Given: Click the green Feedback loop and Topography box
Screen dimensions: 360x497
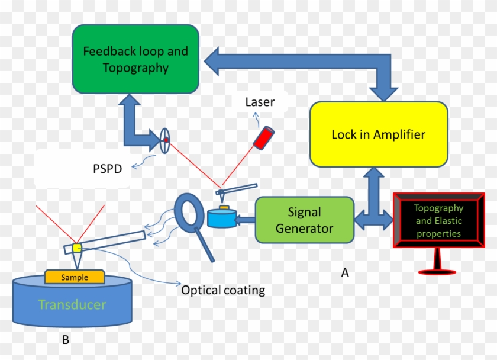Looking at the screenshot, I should point(135,59).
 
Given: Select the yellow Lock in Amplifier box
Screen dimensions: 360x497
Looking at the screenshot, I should point(378,134).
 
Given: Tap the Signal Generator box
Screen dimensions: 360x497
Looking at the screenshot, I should point(305,220).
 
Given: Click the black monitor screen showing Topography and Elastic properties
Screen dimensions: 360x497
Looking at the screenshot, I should point(438,220).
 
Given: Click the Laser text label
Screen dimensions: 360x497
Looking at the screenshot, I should point(260,102).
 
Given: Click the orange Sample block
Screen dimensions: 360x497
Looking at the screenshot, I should point(75,277).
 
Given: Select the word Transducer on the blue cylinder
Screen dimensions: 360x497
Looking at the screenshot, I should point(72,305).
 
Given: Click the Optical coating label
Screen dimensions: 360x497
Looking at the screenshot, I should point(223,290).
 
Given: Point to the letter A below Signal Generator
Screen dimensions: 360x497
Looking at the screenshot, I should point(344,273).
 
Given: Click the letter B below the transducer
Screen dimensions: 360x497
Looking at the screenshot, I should point(66,340).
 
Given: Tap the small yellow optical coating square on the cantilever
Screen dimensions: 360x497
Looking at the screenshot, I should point(76,247).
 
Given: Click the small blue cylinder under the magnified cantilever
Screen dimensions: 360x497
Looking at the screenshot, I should point(221,218).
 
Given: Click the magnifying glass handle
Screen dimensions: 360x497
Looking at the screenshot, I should point(206,247).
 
